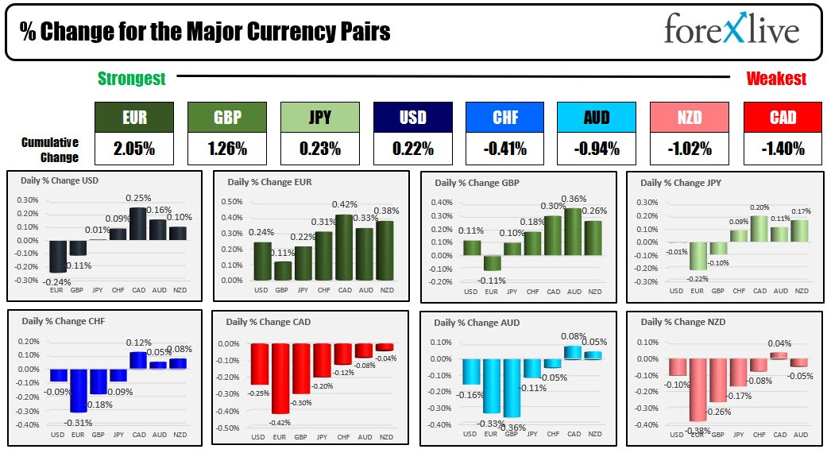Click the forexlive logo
coord(731,30)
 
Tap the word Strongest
coord(131,78)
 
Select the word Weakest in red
coord(776,78)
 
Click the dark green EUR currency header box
coord(133,118)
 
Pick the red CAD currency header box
coord(783,118)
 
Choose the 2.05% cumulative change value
coord(133,148)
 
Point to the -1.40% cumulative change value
coord(783,148)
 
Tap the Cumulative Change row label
coord(50,149)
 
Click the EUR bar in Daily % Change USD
coord(57,256)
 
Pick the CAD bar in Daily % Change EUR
coord(344,247)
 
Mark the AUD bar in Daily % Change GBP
coord(573,232)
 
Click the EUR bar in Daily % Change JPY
coord(698,256)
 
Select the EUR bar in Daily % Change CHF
coord(78,390)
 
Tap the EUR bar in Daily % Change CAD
coord(280,378)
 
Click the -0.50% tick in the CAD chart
coord(229,428)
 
